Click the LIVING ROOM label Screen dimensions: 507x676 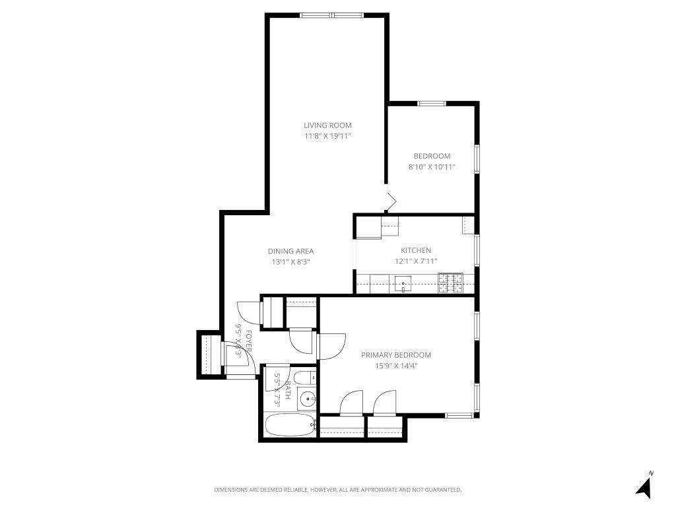pos(327,125)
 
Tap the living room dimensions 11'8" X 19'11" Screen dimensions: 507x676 pos(327,136)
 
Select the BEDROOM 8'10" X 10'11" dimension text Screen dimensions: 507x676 pos(432,167)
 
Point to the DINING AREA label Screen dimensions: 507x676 pos(290,251)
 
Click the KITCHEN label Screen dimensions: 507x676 pos(416,250)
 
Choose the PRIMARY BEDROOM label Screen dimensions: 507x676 pos(396,355)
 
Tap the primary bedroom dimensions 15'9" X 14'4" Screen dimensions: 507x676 pos(396,366)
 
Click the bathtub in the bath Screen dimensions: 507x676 pos(289,426)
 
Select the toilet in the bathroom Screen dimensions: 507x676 pos(304,380)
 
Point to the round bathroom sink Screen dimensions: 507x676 pos(306,399)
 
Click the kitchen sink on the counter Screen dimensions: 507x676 pos(403,284)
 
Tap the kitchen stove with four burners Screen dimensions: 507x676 pos(450,283)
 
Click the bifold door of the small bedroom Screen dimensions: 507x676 pos(391,199)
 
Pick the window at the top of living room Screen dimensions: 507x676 pos(332,15)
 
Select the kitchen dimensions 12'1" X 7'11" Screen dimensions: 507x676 pos(416,261)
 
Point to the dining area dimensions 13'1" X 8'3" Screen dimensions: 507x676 pos(290,261)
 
